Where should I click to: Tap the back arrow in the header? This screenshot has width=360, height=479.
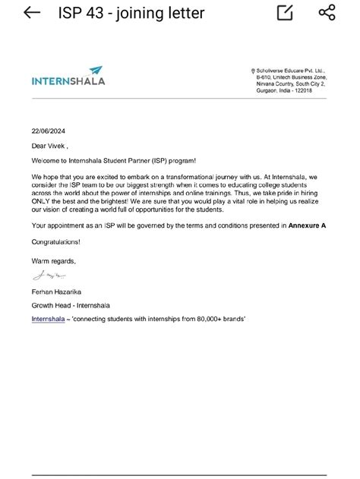(x=32, y=13)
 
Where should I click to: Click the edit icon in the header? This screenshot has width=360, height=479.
(x=286, y=13)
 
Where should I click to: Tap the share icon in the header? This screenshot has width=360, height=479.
(x=327, y=13)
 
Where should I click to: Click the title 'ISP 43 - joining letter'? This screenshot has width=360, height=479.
(x=131, y=14)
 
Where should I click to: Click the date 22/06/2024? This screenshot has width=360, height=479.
(x=49, y=131)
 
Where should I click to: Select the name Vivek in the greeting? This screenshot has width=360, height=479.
(x=59, y=146)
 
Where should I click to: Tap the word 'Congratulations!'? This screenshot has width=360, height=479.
(x=55, y=242)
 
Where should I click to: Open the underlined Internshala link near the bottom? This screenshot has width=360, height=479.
(x=48, y=320)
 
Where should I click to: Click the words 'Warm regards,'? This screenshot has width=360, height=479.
(x=54, y=261)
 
